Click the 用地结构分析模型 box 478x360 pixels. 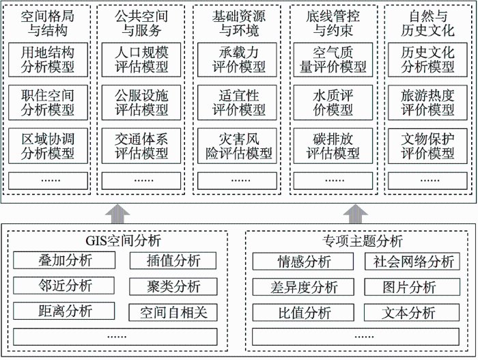click(48, 59)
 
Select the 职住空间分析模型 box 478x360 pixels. click(48, 102)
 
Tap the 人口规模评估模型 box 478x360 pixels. click(141, 59)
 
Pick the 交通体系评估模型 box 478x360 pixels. click(141, 146)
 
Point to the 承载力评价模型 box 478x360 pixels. click(237, 59)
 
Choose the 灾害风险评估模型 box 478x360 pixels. click(237, 146)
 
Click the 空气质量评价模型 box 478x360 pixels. click(333, 59)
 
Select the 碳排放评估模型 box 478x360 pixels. click(333, 146)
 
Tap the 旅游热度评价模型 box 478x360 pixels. click(427, 102)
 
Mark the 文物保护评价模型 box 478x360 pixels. click(427, 146)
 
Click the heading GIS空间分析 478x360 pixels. click(123, 241)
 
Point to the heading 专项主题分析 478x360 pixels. click(363, 241)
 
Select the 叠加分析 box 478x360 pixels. click(64, 260)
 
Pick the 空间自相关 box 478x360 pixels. click(173, 312)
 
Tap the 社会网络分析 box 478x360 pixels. click(412, 262)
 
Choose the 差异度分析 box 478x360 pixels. click(303, 287)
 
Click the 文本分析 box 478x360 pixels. click(412, 312)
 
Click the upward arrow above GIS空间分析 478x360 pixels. click(117, 214)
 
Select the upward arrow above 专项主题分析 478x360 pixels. click(356, 214)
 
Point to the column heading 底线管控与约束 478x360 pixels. click(333, 23)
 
